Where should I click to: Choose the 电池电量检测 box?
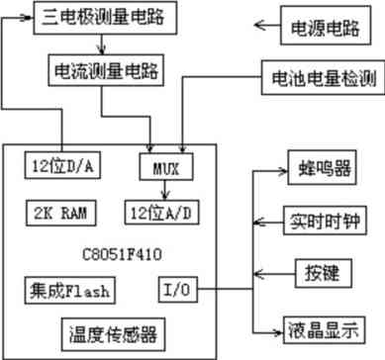(320, 78)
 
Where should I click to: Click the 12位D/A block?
(60, 165)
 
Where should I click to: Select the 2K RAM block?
(60, 211)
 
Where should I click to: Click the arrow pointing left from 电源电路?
(265, 25)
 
